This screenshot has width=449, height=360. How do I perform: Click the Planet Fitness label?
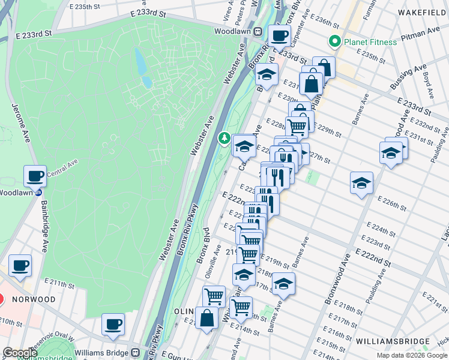coord(370,42)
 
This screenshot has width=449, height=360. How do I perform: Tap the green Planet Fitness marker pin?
coord(334,41)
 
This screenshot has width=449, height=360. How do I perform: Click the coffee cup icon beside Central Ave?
coord(35,176)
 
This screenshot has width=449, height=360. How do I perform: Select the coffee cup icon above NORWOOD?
coord(20,265)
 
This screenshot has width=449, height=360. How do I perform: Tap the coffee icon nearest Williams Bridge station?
coord(113,324)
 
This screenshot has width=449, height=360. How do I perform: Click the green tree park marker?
coord(224,139)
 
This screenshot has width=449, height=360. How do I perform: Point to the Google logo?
coord(20,353)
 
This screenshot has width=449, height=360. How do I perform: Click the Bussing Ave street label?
coord(408,78)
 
